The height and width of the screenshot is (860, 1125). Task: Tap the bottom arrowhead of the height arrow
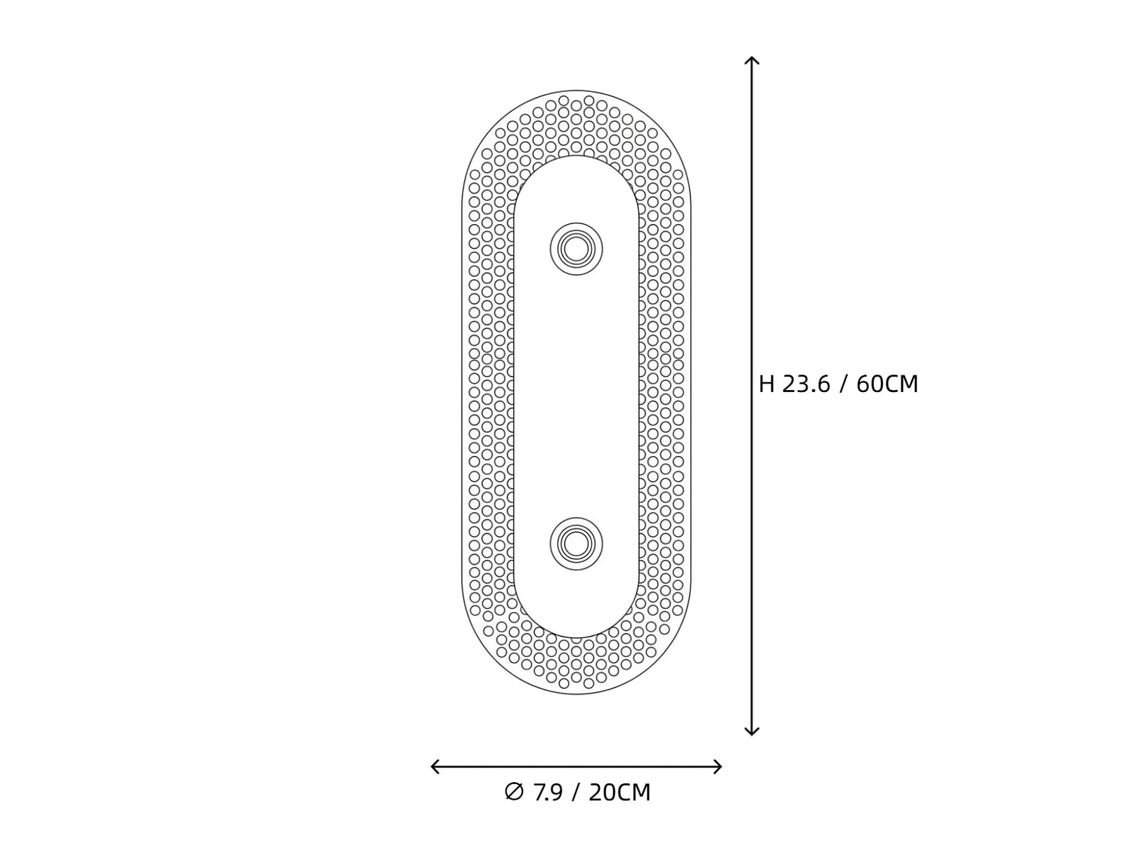(752, 735)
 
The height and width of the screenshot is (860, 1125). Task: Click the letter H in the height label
(766, 384)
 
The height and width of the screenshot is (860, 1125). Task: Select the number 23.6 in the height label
(806, 384)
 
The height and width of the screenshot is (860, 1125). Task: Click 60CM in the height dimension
(887, 384)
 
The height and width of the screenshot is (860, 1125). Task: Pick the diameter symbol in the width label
(513, 791)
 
